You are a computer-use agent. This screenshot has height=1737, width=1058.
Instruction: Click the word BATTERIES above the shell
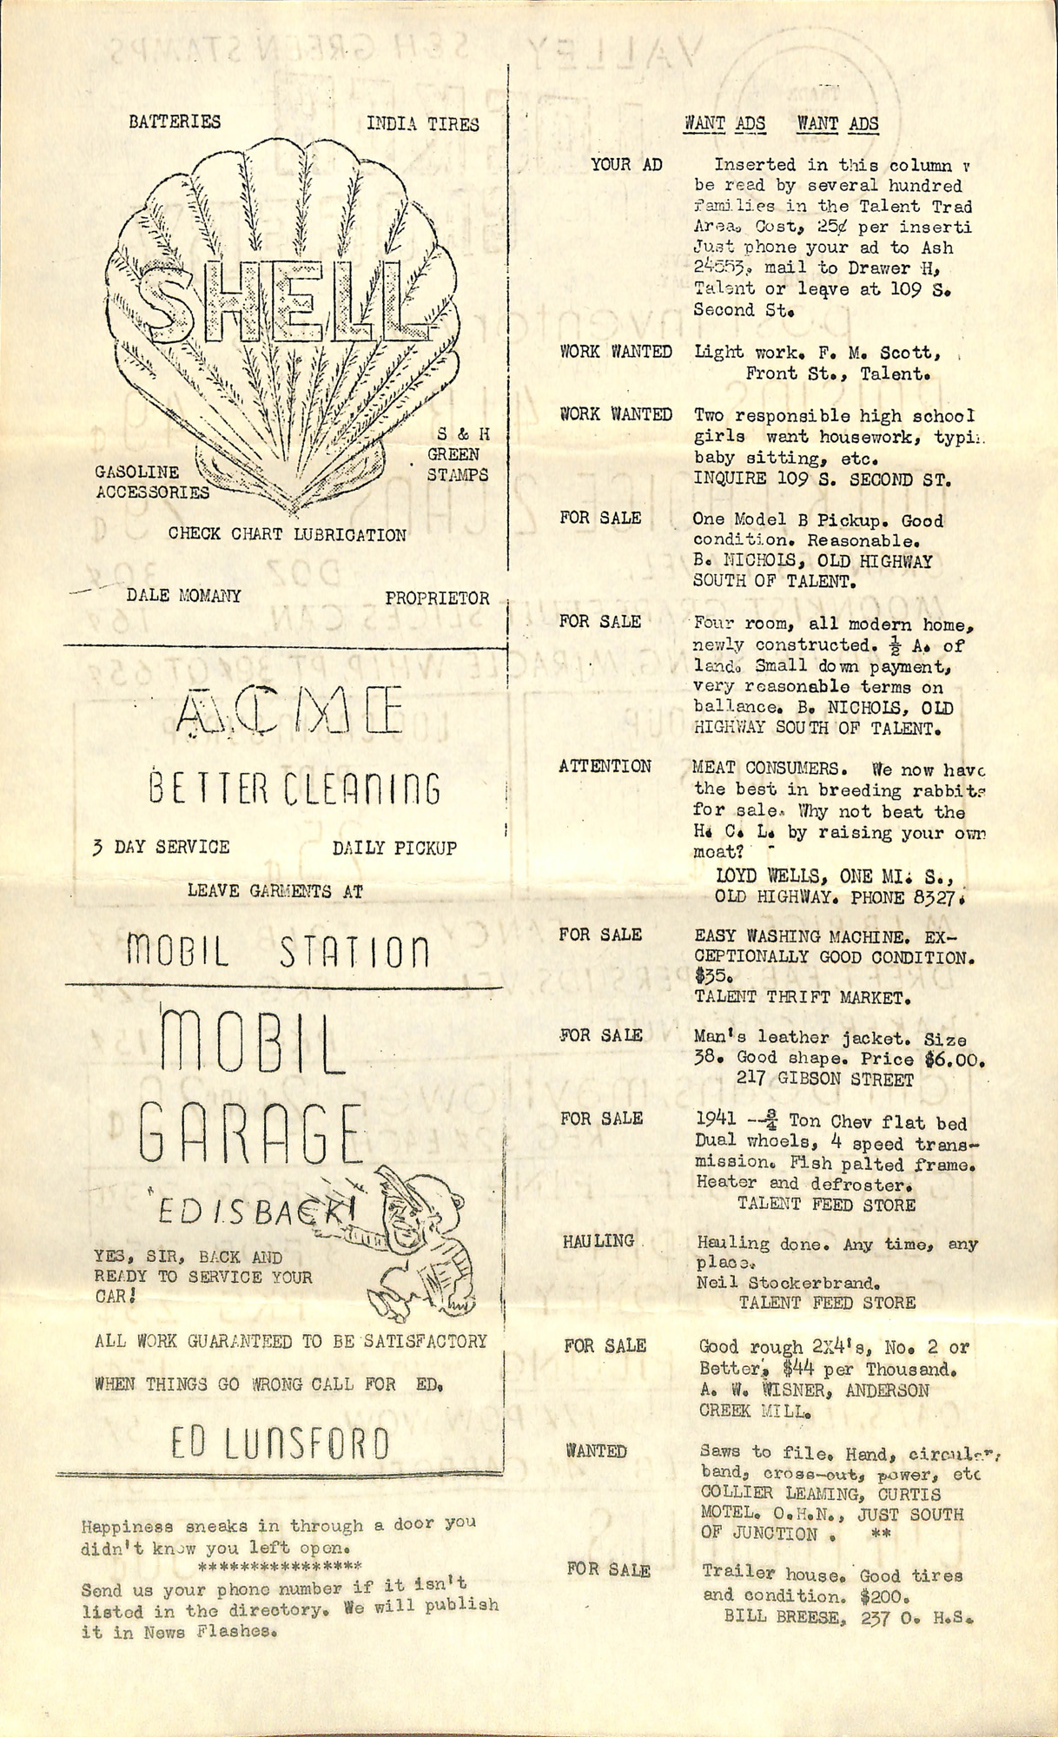[175, 122]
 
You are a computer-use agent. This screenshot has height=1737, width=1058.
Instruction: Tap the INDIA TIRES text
[422, 124]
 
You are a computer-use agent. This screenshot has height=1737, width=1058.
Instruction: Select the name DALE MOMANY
[183, 596]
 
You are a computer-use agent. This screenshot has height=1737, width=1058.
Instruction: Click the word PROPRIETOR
[437, 598]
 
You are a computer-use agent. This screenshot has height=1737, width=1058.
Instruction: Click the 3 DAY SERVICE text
[162, 847]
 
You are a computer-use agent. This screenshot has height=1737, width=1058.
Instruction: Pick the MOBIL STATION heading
[278, 952]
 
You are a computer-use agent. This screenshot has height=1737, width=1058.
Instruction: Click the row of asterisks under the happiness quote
[280, 1568]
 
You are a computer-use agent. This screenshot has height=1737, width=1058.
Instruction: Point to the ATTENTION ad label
[605, 766]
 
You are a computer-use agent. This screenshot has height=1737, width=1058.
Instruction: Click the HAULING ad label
[598, 1241]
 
